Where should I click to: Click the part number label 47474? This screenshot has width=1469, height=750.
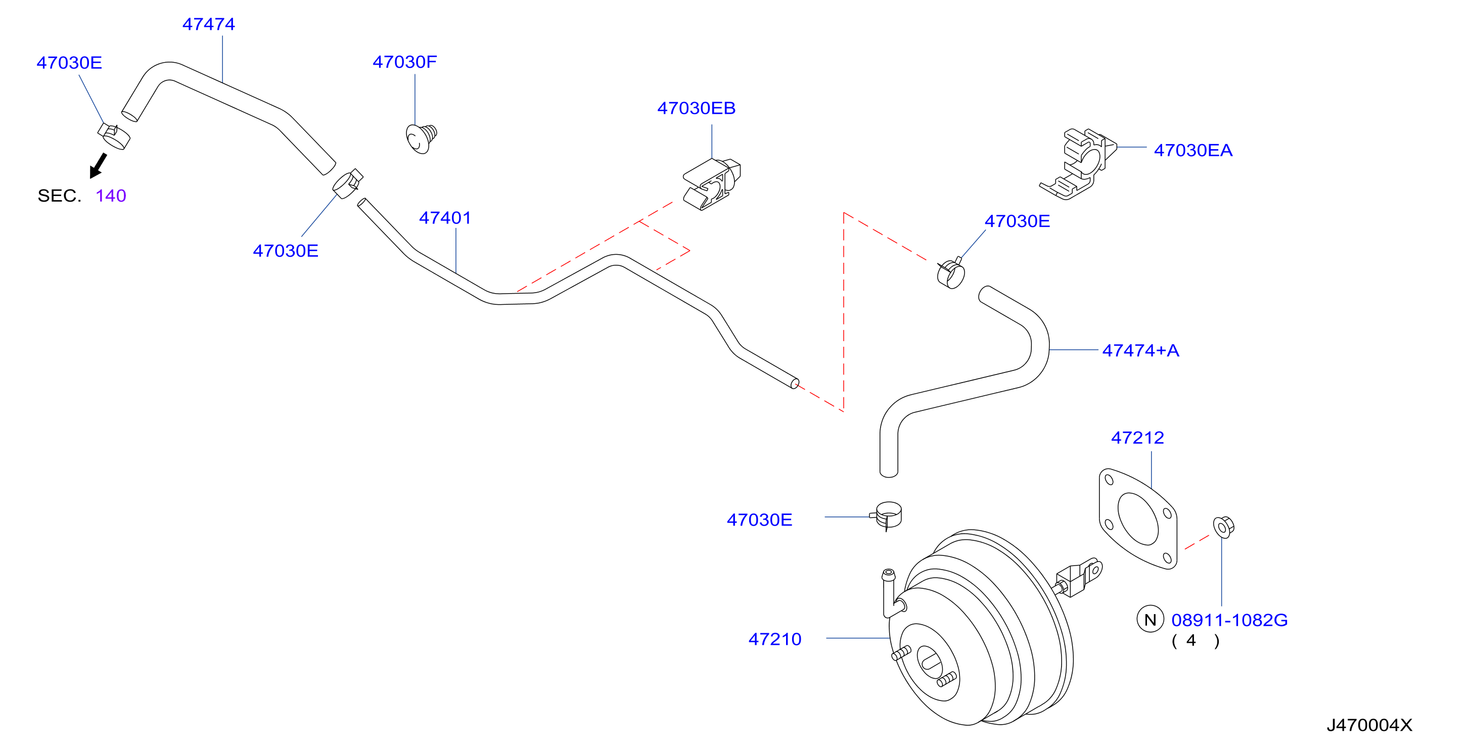click(x=209, y=24)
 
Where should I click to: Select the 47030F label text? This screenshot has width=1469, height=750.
click(x=405, y=62)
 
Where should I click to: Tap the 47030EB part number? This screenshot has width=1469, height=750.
click(x=696, y=108)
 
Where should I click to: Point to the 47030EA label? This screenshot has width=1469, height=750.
click(x=1193, y=150)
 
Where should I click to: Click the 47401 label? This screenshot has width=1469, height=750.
click(x=445, y=217)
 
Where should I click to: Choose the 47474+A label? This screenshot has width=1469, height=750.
click(x=1140, y=350)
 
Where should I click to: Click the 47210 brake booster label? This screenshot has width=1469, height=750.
click(x=775, y=639)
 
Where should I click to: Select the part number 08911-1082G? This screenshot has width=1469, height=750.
click(x=1229, y=620)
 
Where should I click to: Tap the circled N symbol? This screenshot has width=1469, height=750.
click(x=1150, y=620)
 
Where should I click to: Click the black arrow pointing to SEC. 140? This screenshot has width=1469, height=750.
click(x=98, y=165)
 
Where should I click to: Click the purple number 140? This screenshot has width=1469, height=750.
click(x=111, y=196)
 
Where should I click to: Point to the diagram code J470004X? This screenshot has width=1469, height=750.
click(x=1369, y=725)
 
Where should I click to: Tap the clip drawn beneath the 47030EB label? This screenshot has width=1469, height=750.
click(x=712, y=185)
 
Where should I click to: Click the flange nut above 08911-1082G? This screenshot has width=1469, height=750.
click(x=1223, y=527)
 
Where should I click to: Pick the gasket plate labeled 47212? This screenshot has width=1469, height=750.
click(x=1138, y=519)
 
